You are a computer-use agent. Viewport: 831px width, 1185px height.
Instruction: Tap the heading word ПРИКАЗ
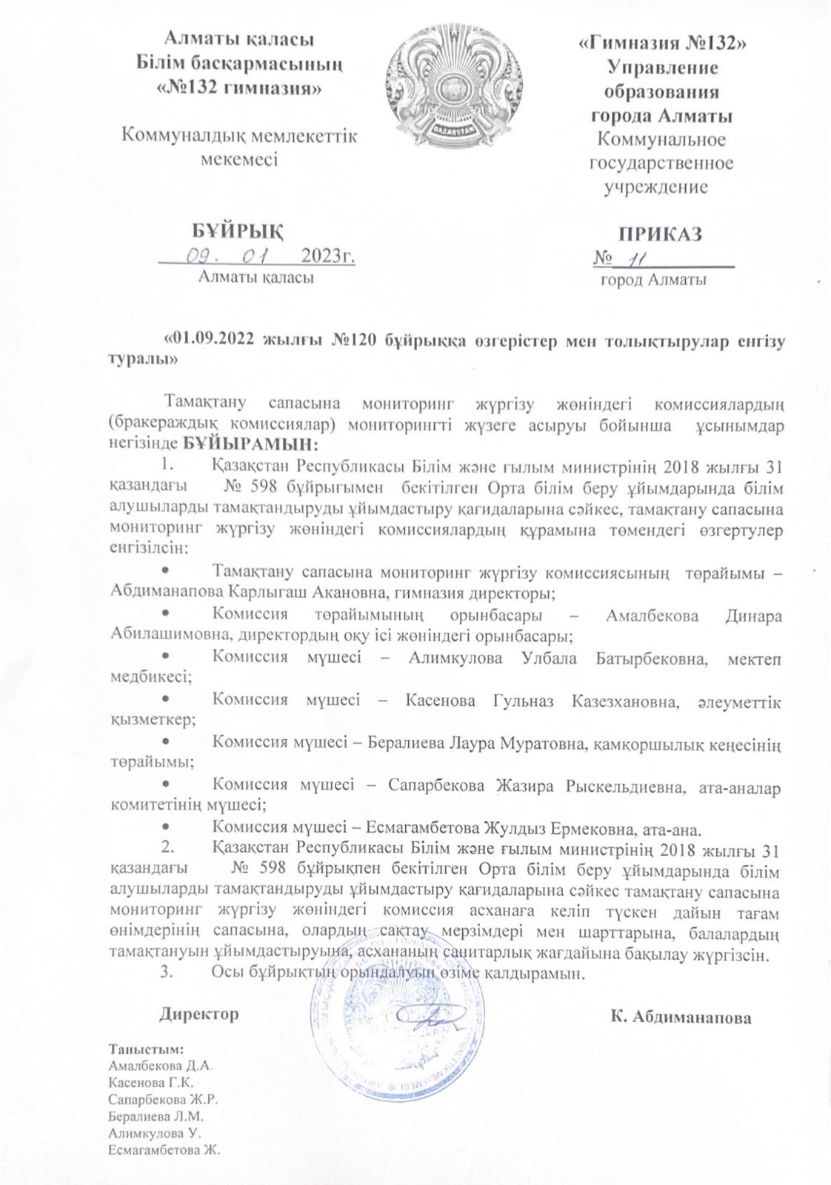(x=661, y=234)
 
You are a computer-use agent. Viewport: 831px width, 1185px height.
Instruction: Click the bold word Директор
(x=199, y=1014)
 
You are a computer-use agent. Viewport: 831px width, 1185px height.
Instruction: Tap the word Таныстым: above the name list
(x=147, y=1049)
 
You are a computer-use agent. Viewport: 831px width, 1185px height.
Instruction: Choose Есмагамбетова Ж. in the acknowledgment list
(x=165, y=1150)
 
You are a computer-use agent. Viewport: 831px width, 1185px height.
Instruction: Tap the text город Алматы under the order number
(x=653, y=281)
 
